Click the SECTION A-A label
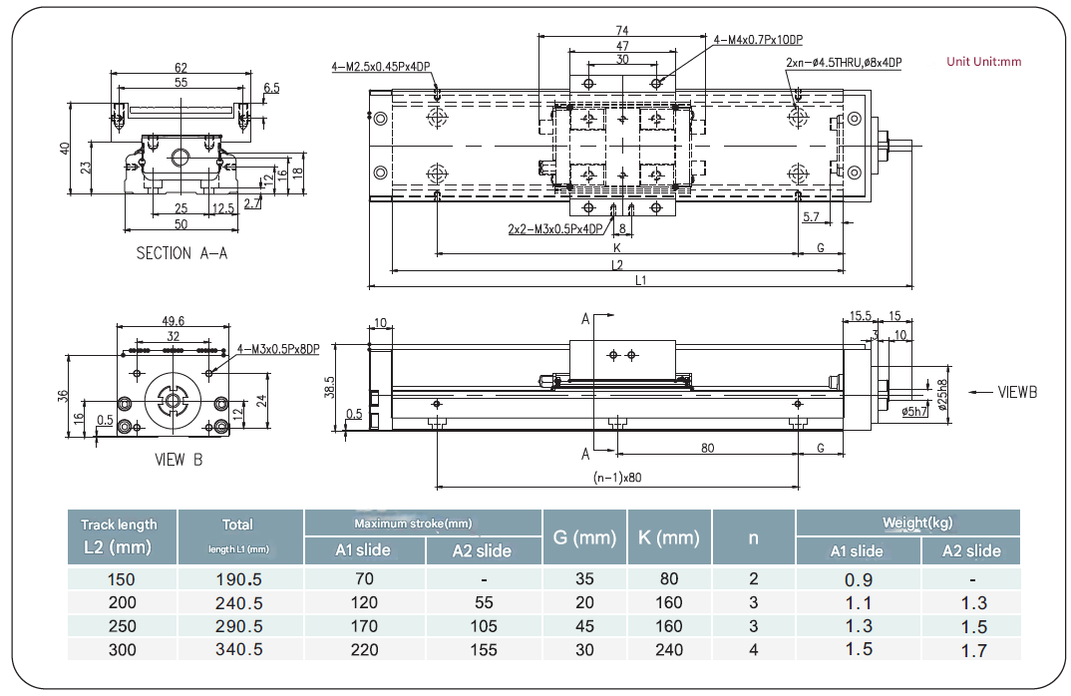click(181, 253)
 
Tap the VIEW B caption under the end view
click(178, 461)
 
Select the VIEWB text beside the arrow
click(1017, 392)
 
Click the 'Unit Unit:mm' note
click(983, 62)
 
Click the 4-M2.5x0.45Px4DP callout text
click(381, 67)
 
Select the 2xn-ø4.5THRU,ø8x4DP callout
click(844, 62)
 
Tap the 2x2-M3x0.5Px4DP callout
click(555, 228)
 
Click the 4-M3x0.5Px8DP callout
click(279, 349)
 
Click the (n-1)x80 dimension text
click(617, 477)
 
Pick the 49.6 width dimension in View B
click(174, 320)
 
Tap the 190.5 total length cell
click(239, 578)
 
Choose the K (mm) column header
click(669, 537)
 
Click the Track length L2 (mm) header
click(120, 535)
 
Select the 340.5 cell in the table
click(239, 650)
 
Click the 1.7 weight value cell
click(973, 650)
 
